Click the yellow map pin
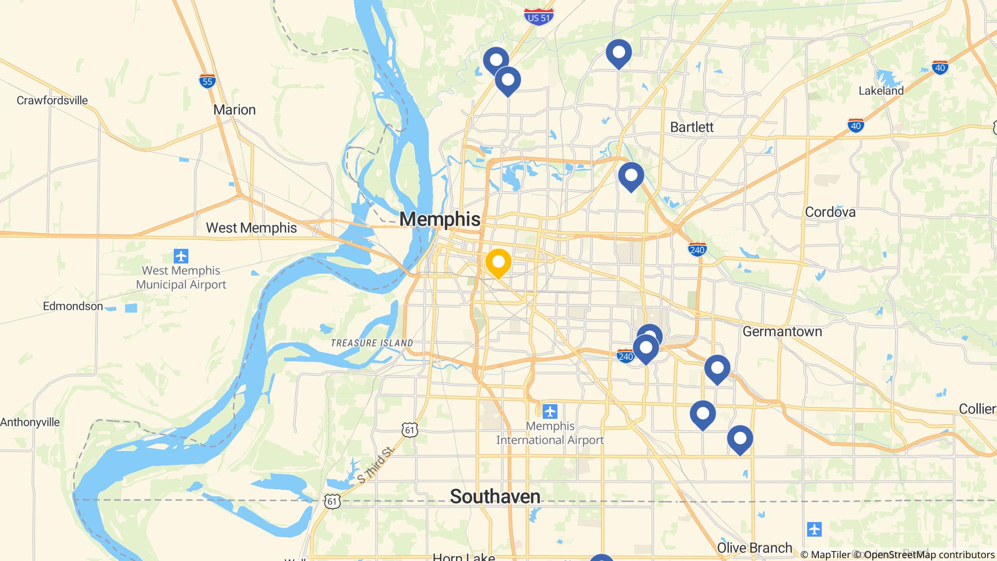click(498, 262)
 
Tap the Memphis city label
click(440, 219)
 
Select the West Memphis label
click(251, 227)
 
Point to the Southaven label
click(495, 496)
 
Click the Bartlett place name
click(691, 127)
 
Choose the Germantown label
click(782, 332)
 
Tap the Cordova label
click(830, 212)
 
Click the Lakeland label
click(881, 91)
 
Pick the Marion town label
click(234, 110)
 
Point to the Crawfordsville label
click(52, 100)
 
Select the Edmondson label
click(73, 306)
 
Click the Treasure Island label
click(371, 343)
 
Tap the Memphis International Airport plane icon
click(550, 411)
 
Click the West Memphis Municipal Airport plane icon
click(181, 256)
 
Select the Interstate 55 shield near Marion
click(207, 81)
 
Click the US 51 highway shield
click(539, 17)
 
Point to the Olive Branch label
click(755, 548)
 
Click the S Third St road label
click(374, 465)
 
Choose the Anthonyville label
click(30, 422)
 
